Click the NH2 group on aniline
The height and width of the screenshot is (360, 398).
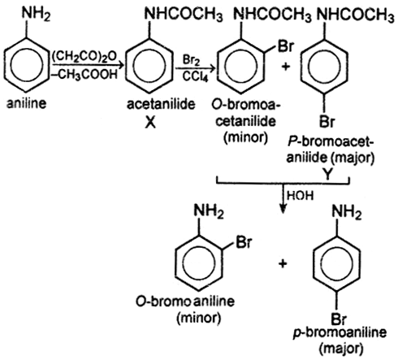pyautogui.click(x=36, y=14)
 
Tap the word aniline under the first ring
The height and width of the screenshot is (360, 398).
pyautogui.click(x=26, y=103)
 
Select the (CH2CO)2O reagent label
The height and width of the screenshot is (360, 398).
pyautogui.click(x=84, y=57)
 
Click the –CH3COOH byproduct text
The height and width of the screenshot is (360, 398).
pyautogui.click(x=84, y=74)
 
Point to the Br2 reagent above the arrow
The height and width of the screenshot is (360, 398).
pyautogui.click(x=191, y=60)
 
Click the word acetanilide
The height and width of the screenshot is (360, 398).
pyautogui.click(x=161, y=104)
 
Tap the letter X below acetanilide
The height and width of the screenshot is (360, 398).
pyautogui.click(x=150, y=123)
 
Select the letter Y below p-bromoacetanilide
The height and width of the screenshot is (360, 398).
pyautogui.click(x=327, y=175)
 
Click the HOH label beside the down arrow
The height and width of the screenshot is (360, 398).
pyautogui.click(x=301, y=196)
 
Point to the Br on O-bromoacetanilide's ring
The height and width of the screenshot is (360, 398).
pyautogui.click(x=285, y=46)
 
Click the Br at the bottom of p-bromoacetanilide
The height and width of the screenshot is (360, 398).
pyautogui.click(x=327, y=122)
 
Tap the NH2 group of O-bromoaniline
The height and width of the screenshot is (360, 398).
pyautogui.click(x=209, y=211)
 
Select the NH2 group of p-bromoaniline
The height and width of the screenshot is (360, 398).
pyautogui.click(x=347, y=211)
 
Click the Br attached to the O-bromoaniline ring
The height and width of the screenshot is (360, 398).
pyautogui.click(x=244, y=242)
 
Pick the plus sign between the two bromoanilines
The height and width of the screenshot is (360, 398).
pyautogui.click(x=283, y=263)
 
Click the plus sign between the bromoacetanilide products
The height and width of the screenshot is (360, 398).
pyautogui.click(x=286, y=66)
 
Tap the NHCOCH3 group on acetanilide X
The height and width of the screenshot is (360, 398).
pyautogui.click(x=184, y=14)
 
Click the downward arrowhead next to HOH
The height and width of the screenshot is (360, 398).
pyautogui.click(x=283, y=210)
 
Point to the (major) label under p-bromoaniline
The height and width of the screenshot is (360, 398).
pyautogui.click(x=341, y=349)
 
